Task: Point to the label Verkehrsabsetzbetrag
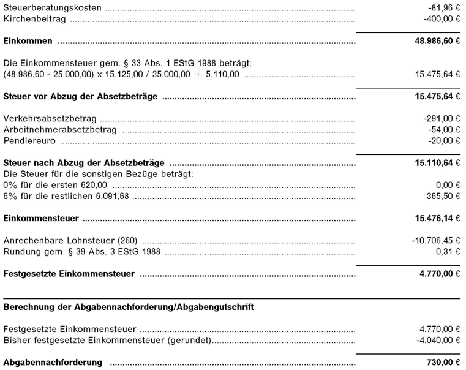[51, 118]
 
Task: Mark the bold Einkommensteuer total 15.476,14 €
[437, 217]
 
